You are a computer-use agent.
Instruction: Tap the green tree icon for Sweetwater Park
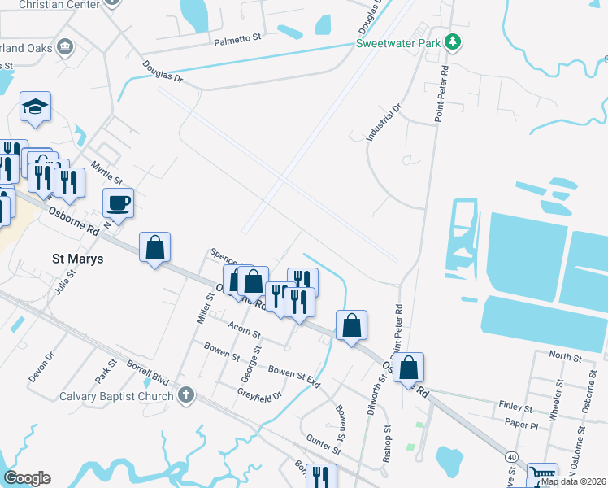[454, 42]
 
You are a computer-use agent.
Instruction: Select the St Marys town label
[80, 259]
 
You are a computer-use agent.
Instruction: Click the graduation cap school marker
[35, 107]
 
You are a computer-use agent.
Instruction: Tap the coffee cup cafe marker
[118, 203]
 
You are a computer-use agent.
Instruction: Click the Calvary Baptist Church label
[116, 397]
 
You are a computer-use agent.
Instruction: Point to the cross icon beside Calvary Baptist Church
[186, 396]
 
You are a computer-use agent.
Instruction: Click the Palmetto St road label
[237, 39]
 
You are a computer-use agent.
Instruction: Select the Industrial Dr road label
[384, 123]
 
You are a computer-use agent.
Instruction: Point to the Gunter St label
[323, 444]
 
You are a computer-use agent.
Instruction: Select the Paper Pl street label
[521, 425]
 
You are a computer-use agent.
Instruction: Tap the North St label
[565, 357]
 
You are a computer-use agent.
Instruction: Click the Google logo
[27, 478]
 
